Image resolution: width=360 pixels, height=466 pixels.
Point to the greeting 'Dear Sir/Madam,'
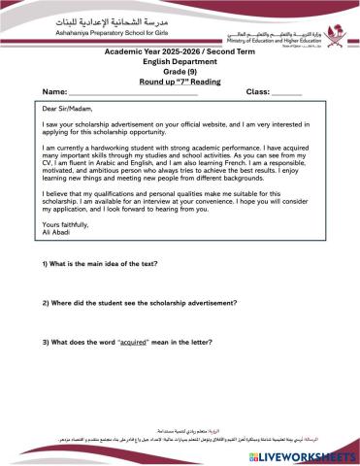click(69, 110)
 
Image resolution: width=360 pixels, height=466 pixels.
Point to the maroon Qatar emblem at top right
click(333, 20)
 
